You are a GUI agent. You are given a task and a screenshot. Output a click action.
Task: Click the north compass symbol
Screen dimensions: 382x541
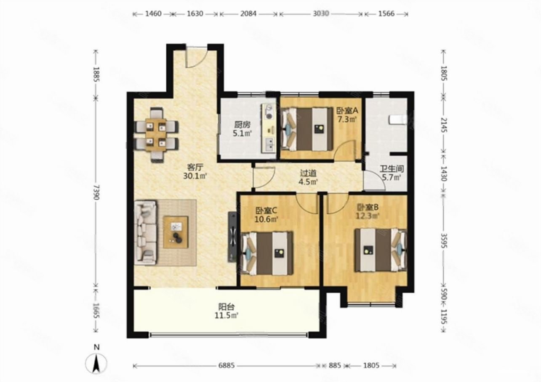tap(96, 361)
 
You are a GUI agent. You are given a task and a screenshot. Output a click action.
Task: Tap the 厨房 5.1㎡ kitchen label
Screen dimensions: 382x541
tap(243, 129)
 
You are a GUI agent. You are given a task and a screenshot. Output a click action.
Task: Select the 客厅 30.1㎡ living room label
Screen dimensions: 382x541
tap(195, 171)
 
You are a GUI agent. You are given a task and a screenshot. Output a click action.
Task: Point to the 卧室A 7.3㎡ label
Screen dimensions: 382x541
tap(347, 115)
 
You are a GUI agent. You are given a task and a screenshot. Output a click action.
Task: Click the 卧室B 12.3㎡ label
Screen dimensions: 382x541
tap(368, 211)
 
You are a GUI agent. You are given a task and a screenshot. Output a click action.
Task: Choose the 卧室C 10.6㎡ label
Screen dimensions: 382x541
tap(267, 215)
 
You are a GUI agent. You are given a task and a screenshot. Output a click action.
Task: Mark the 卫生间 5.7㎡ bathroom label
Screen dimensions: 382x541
tap(392, 173)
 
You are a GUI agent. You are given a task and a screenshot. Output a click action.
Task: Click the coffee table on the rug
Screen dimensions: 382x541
tap(176, 232)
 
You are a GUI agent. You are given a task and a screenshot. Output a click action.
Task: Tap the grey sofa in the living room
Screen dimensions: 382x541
tap(145, 232)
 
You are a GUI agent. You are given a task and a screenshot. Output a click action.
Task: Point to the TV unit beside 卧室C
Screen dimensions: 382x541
tap(232, 237)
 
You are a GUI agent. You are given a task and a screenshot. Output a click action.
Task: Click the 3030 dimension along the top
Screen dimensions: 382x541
tap(321, 13)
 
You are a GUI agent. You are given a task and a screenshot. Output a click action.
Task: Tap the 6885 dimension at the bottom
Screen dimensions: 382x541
tap(227, 366)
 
